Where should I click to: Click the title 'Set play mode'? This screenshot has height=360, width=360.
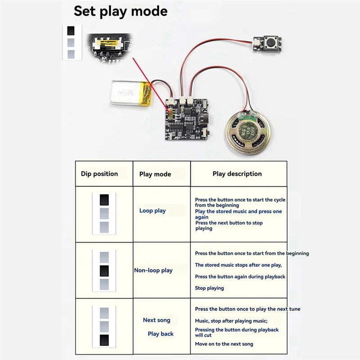coord(120,11)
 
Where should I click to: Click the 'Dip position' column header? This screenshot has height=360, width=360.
coord(99,174)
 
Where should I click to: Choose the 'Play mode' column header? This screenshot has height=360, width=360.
coord(155,174)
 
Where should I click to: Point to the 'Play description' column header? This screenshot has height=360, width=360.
coord(237,174)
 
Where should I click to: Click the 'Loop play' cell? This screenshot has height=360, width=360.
coord(153,211)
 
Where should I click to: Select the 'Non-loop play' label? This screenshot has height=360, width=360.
coord(153,270)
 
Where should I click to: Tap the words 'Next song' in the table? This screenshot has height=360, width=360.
coord(157,320)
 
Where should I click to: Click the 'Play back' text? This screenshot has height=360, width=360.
coord(161,334)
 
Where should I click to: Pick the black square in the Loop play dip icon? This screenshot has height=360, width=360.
coord(104,199)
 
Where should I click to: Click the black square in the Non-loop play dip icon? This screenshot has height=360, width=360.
coord(104,270)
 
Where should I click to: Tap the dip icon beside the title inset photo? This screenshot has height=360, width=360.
coord(71,42)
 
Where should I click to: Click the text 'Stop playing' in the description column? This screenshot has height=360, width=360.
coord(209,288)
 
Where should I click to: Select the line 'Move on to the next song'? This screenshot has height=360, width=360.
coord(224,344)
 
